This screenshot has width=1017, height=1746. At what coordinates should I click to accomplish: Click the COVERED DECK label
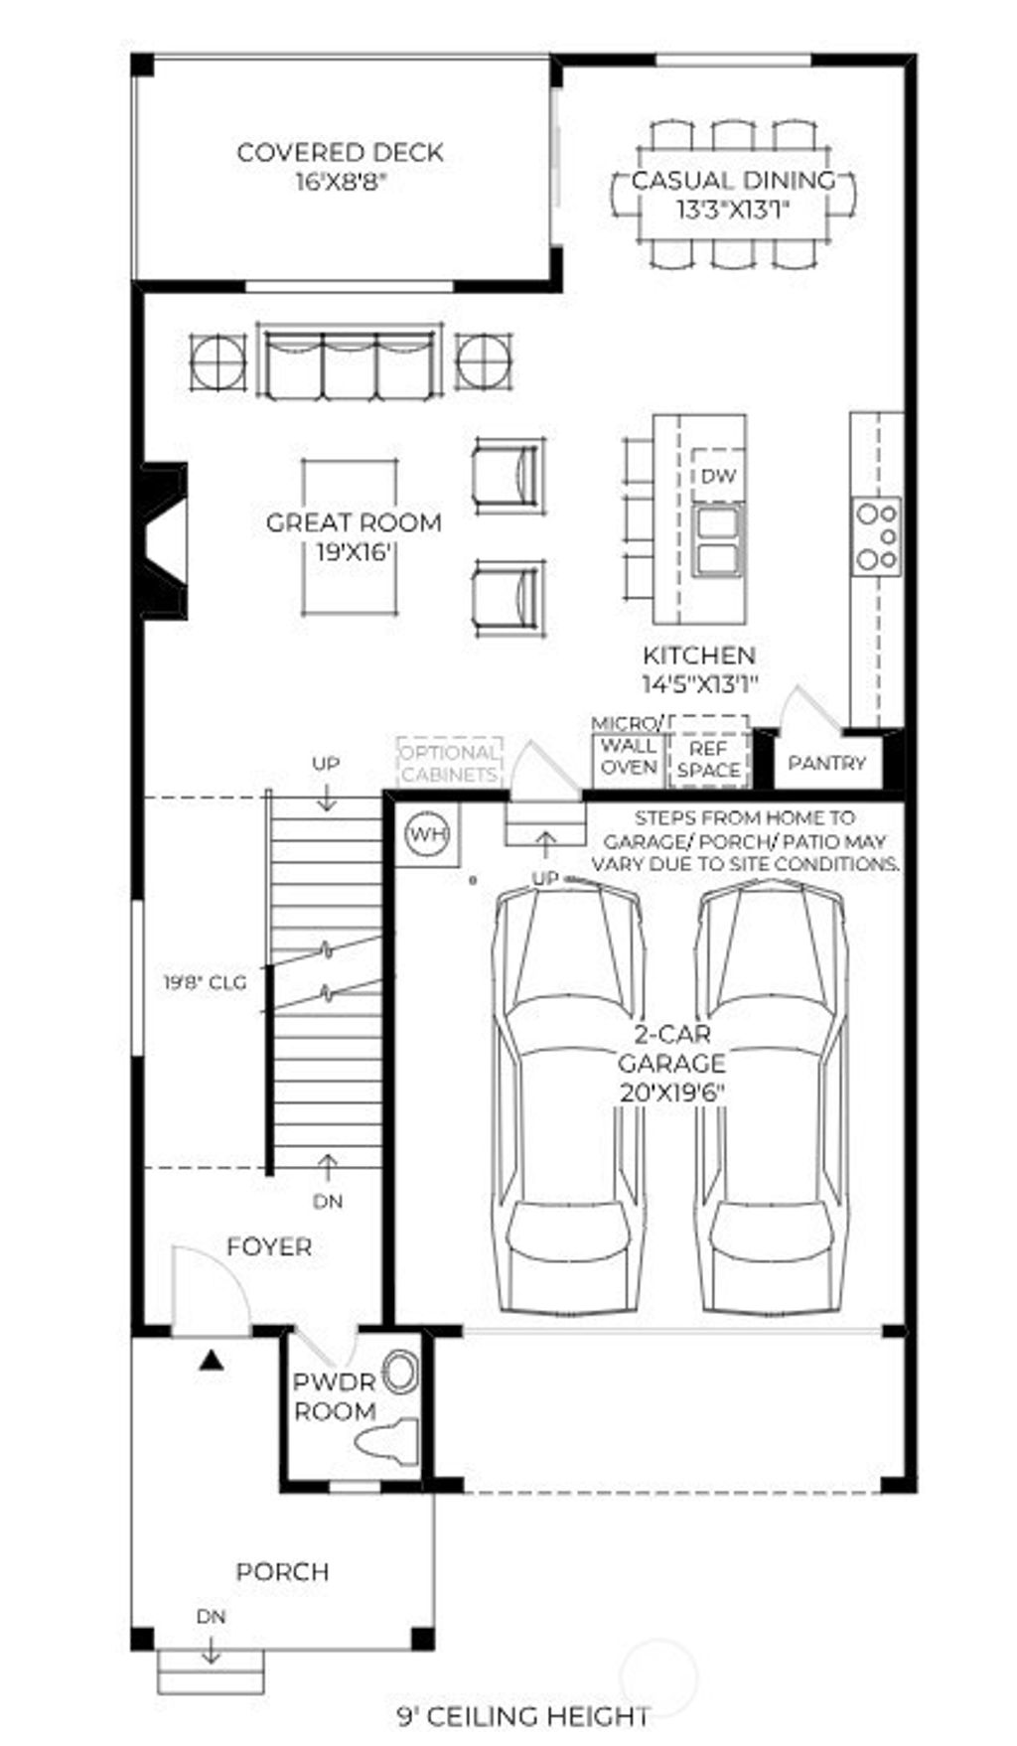point(340,153)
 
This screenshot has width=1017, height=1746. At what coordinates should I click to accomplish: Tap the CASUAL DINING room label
point(733,181)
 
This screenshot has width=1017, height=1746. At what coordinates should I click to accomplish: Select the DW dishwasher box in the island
point(718,477)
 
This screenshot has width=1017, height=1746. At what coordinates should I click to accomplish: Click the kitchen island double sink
point(717,540)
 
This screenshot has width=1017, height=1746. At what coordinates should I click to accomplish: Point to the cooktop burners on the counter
point(877,536)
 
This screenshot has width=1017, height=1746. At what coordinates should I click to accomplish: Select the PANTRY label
point(826,763)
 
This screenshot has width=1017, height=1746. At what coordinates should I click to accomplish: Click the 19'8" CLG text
point(205,983)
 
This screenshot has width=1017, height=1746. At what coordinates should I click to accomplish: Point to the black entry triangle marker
point(210,1362)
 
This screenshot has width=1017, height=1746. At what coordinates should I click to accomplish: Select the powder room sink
point(401,1371)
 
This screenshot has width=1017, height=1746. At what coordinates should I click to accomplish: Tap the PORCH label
point(282,1572)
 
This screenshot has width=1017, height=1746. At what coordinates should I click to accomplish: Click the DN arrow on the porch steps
point(211,1651)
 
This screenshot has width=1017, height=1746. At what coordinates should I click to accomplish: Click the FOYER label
point(268,1246)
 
